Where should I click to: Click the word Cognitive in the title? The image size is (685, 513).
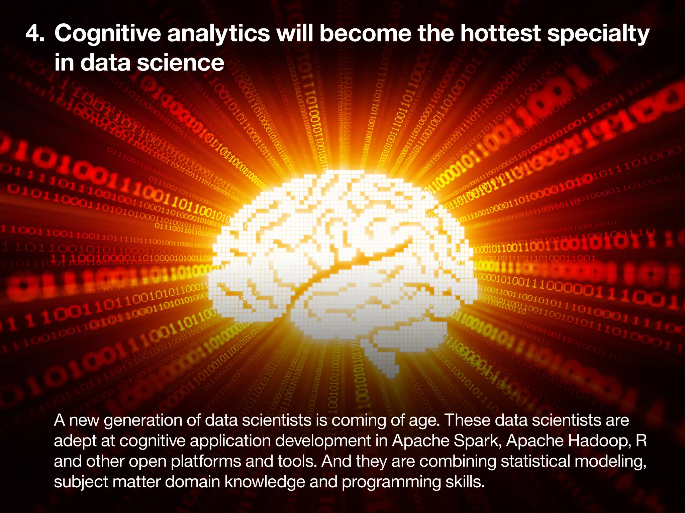coord(107,34)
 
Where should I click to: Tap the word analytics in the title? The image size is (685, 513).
coord(218,34)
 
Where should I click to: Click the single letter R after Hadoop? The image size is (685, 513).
coord(641,441)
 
